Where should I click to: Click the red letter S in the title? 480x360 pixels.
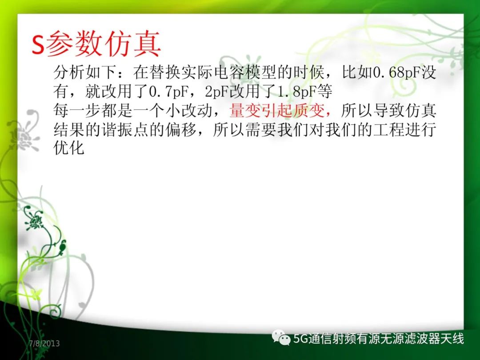(38, 44)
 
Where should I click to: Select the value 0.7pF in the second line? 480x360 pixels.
(168, 92)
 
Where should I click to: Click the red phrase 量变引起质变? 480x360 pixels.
(276, 111)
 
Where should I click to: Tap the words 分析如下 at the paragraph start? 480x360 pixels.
(85, 73)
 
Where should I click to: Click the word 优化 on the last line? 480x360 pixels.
(69, 148)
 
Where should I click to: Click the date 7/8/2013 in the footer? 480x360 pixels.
(44, 344)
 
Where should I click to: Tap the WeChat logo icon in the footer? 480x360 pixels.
(281, 337)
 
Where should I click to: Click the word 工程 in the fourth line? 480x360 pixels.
(389, 130)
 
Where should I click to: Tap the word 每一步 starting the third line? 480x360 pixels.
(77, 111)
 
